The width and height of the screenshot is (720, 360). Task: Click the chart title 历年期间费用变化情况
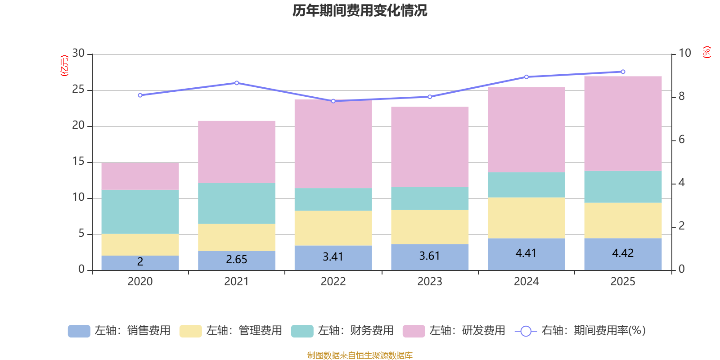click(x=360, y=10)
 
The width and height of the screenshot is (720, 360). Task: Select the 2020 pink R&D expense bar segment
click(x=140, y=176)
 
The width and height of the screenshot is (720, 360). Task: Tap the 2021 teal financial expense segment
click(x=237, y=203)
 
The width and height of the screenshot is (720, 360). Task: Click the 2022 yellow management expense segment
click(x=333, y=228)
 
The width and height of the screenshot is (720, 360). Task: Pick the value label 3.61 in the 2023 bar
click(x=429, y=256)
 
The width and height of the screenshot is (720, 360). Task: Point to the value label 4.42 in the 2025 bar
click(x=623, y=253)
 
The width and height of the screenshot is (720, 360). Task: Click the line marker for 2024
click(x=526, y=77)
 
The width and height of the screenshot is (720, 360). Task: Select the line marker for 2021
click(x=237, y=83)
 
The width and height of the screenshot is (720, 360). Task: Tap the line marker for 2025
click(x=623, y=72)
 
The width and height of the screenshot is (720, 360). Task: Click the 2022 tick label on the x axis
click(x=333, y=282)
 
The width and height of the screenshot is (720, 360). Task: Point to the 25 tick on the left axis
click(x=78, y=90)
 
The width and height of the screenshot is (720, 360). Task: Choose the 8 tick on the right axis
click(x=681, y=96)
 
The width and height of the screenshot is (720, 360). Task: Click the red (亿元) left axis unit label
click(x=64, y=66)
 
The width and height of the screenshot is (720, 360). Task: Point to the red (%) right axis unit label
click(x=706, y=52)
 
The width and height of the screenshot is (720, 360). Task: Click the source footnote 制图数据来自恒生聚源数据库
click(x=360, y=355)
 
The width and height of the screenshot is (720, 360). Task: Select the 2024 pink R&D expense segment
click(x=526, y=130)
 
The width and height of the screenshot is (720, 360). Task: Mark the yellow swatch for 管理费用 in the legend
click(x=190, y=331)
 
